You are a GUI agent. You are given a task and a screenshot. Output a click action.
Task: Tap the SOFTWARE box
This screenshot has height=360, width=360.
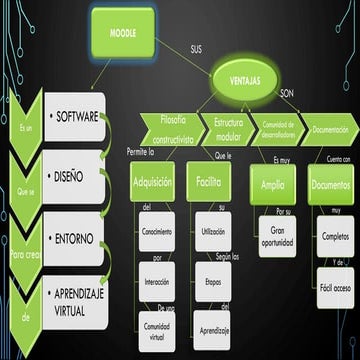(x=76, y=118)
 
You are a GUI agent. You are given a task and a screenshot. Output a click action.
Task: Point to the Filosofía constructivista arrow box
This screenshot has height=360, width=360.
(x=172, y=128)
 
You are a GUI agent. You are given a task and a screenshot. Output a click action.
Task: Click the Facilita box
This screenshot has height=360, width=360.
(x=209, y=184)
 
